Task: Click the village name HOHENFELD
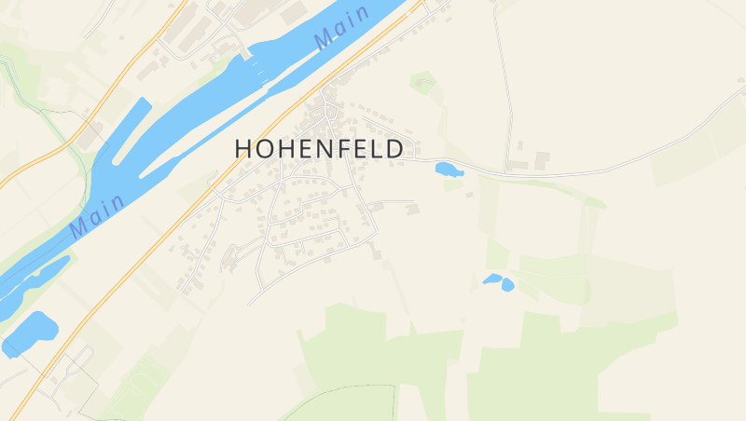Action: pyautogui.click(x=319, y=149)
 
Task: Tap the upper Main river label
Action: pyautogui.click(x=341, y=28)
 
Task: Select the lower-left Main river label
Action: pyautogui.click(x=97, y=214)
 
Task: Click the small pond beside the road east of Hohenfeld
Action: pyautogui.click(x=448, y=170)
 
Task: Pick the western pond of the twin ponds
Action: pyautogui.click(x=491, y=278)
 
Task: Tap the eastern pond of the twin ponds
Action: pyautogui.click(x=507, y=284)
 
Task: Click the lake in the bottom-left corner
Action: pyautogui.click(x=30, y=333)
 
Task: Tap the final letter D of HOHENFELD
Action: pyautogui.click(x=395, y=149)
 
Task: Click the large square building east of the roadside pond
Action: pyautogui.click(x=542, y=161)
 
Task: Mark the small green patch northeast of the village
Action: pyautogui.click(x=422, y=82)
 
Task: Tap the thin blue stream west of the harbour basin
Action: pyautogui.click(x=70, y=140)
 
